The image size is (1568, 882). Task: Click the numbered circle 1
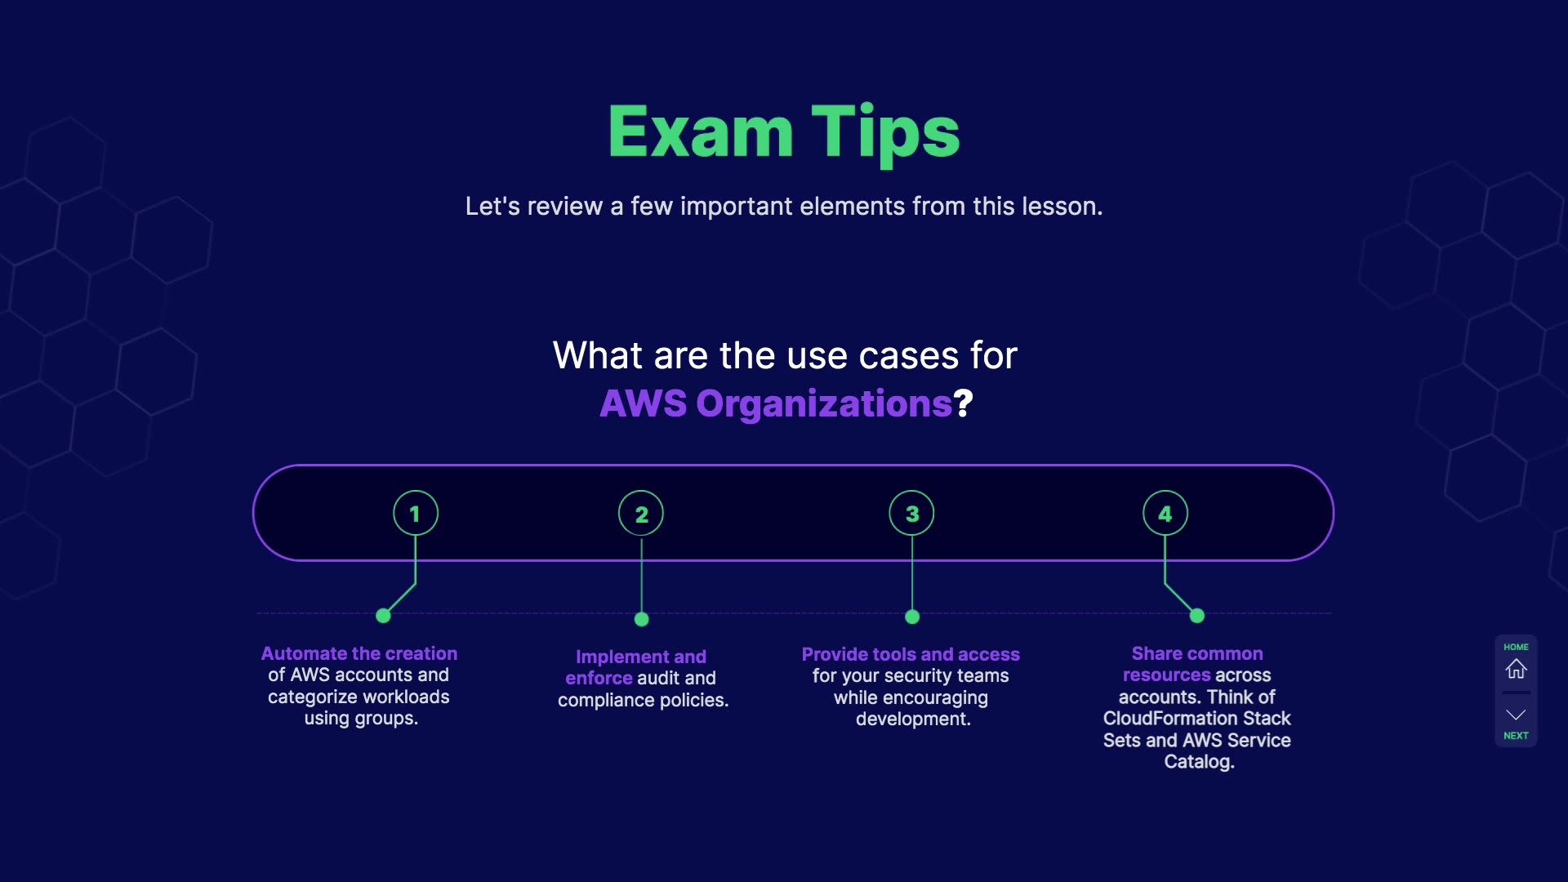pyautogui.click(x=415, y=514)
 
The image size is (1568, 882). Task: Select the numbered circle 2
pyautogui.click(x=641, y=514)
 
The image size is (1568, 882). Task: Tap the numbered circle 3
pyautogui.click(x=911, y=514)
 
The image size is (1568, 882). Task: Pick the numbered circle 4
pyautogui.click(x=1165, y=514)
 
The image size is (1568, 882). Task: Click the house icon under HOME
pyautogui.click(x=1516, y=669)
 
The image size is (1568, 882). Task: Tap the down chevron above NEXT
pyautogui.click(x=1516, y=715)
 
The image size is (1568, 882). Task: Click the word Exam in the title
pyautogui.click(x=701, y=132)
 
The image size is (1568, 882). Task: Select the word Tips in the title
pyautogui.click(x=885, y=132)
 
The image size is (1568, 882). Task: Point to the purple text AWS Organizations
pyautogui.click(x=776, y=403)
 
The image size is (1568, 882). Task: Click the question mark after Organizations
pyautogui.click(x=964, y=403)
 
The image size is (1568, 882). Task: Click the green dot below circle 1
pyautogui.click(x=383, y=616)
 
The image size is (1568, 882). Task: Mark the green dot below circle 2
pyautogui.click(x=642, y=619)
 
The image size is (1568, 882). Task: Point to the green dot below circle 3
pyautogui.click(x=912, y=617)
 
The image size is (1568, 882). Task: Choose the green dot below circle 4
pyautogui.click(x=1197, y=616)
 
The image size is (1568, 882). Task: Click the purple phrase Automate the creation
pyautogui.click(x=359, y=653)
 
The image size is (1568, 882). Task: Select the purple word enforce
pyautogui.click(x=599, y=678)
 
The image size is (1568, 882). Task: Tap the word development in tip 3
pyautogui.click(x=911, y=719)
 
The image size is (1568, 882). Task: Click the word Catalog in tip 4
pyautogui.click(x=1197, y=761)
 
